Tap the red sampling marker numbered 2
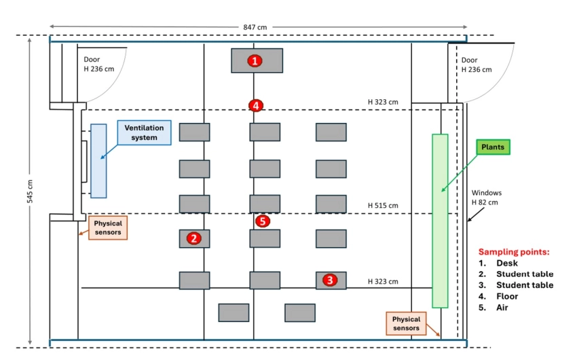194,238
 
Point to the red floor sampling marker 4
255,105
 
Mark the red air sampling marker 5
263,221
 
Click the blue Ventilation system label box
145,132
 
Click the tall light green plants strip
440,221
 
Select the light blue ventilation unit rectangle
98,160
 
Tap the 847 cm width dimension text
255,26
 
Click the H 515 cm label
383,205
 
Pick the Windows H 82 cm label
486,198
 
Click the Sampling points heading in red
514,251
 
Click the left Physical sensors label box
108,228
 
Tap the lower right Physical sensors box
406,323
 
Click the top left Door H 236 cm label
98,65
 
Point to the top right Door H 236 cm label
477,65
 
